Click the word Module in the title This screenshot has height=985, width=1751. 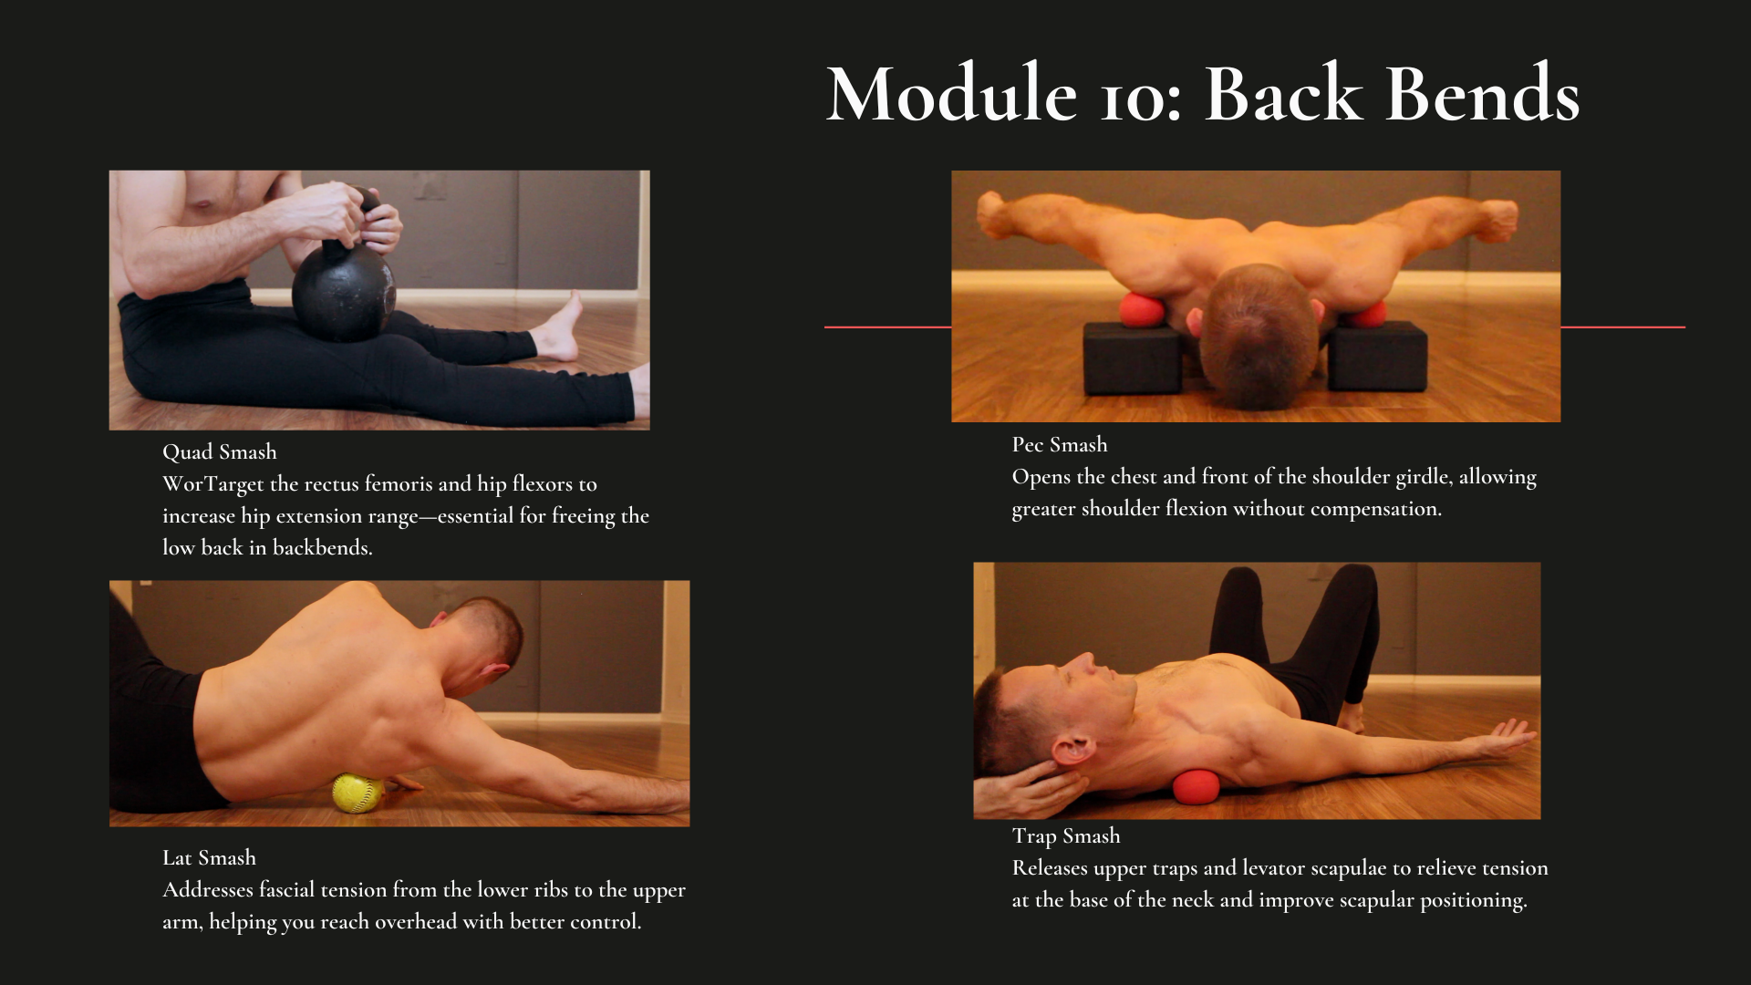951,94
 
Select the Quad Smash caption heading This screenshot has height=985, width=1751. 220,452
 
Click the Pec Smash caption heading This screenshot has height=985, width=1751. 1060,445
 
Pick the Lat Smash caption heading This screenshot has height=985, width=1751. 210,858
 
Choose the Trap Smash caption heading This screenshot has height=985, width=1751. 1066,836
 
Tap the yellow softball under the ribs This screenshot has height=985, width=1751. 357,793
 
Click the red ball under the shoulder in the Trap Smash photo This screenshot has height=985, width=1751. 1196,787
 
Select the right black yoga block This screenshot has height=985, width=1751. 1377,357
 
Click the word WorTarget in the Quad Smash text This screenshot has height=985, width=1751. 212,484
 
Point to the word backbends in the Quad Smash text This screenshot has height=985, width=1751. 322,548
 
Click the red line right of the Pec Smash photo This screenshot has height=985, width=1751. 1622,327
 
